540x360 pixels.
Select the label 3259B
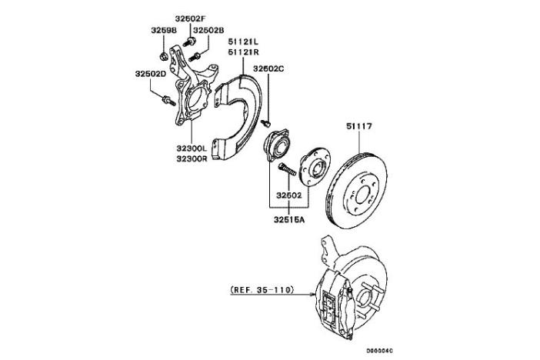point(164,31)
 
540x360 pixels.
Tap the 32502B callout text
point(208,31)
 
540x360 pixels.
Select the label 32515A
point(289,219)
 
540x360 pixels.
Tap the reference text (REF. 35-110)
point(262,291)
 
